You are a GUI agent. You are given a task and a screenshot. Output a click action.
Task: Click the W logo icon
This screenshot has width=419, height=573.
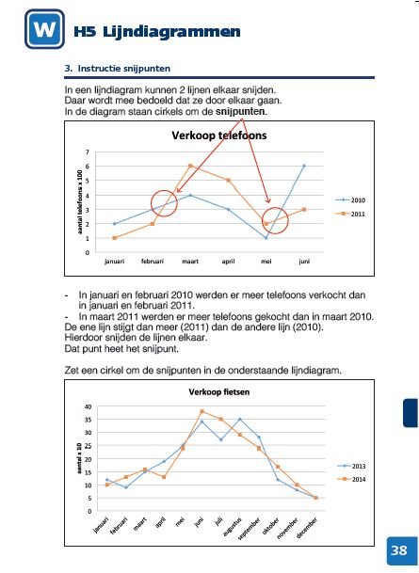click(x=44, y=29)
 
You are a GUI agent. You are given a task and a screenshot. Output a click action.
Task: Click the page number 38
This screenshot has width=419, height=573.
click(x=399, y=550)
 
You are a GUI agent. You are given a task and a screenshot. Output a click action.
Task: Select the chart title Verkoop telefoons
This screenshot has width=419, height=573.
click(x=219, y=135)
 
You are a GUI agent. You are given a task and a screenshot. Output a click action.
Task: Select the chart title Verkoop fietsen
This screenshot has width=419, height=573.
click(x=219, y=392)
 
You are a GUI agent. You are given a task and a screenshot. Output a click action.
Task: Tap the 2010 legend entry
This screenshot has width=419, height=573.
click(x=350, y=199)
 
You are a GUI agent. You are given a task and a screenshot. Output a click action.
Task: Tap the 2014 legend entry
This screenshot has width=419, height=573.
click(x=351, y=479)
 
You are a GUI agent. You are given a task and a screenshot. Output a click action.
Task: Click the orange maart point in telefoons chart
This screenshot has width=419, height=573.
click(x=190, y=166)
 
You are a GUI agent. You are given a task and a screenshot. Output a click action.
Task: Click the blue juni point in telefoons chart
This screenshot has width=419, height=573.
click(x=304, y=166)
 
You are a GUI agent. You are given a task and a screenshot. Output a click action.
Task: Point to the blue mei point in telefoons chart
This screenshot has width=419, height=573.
click(x=266, y=238)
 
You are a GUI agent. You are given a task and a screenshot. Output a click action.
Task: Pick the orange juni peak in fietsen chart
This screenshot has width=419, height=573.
click(x=201, y=411)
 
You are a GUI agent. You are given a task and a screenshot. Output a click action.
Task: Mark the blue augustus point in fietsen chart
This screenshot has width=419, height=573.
click(x=240, y=419)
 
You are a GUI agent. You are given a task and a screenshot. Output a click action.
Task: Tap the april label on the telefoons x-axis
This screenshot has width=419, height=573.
click(x=228, y=262)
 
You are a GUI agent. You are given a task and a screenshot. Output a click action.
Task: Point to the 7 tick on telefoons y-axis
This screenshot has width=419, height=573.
click(x=88, y=152)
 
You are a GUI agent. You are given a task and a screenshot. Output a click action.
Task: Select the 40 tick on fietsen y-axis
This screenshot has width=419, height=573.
click(x=88, y=406)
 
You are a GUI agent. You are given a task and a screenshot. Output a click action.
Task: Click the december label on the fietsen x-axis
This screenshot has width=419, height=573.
click(x=307, y=527)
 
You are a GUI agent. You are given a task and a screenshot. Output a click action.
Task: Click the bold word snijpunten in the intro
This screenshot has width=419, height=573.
click(x=241, y=111)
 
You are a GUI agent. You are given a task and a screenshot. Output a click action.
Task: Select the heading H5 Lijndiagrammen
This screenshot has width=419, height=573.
click(x=157, y=31)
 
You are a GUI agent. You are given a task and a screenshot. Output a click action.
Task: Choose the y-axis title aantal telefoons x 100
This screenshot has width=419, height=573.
click(x=80, y=201)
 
